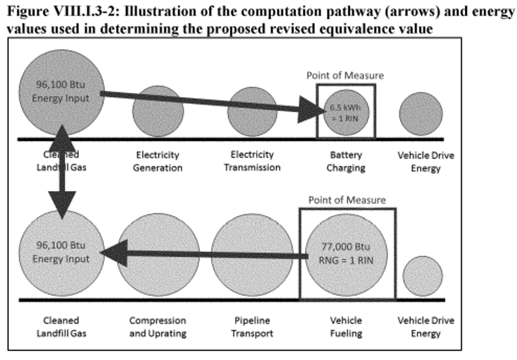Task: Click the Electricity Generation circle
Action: [158, 112]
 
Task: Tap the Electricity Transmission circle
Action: [252, 112]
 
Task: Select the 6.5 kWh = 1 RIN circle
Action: [346, 113]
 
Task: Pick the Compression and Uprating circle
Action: [158, 255]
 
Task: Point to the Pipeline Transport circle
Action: [252, 255]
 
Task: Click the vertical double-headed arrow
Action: [63, 172]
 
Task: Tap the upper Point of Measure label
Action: [345, 75]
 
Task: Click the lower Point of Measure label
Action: [347, 200]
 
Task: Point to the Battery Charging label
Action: [346, 161]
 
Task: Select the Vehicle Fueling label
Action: [346, 327]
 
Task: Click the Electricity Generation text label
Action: [158, 161]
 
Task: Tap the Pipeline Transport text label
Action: [252, 327]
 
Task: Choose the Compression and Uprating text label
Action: [158, 327]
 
